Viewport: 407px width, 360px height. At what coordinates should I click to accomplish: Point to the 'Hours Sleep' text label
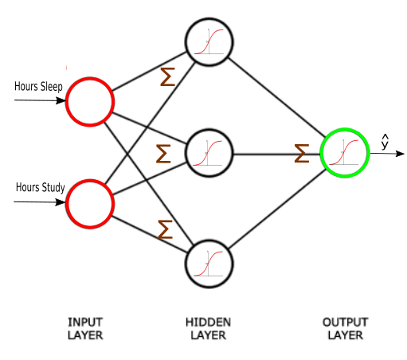pos(38,87)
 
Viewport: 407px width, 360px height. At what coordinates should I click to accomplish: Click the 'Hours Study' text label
pos(41,187)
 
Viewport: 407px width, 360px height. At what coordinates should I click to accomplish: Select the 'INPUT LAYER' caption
pos(85,329)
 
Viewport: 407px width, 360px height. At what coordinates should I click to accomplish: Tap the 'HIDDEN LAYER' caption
pos(208,329)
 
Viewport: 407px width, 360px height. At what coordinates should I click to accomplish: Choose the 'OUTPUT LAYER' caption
pos(345,329)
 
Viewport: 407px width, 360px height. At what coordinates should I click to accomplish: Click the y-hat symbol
pos(385,143)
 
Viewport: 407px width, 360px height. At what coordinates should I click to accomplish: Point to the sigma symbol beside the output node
pos(302,153)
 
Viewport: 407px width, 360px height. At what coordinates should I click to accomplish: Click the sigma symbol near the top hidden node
pos(168,76)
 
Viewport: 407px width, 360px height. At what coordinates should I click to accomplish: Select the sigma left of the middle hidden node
pos(163,154)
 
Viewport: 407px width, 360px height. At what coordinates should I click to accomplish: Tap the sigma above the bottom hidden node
pos(165,229)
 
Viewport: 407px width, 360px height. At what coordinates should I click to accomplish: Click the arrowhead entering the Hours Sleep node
pos(61,100)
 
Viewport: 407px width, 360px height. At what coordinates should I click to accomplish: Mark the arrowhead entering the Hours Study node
pos(61,202)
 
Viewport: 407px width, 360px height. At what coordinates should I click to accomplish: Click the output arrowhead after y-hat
pos(400,154)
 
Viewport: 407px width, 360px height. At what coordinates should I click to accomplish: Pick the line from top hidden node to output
pos(276,97)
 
